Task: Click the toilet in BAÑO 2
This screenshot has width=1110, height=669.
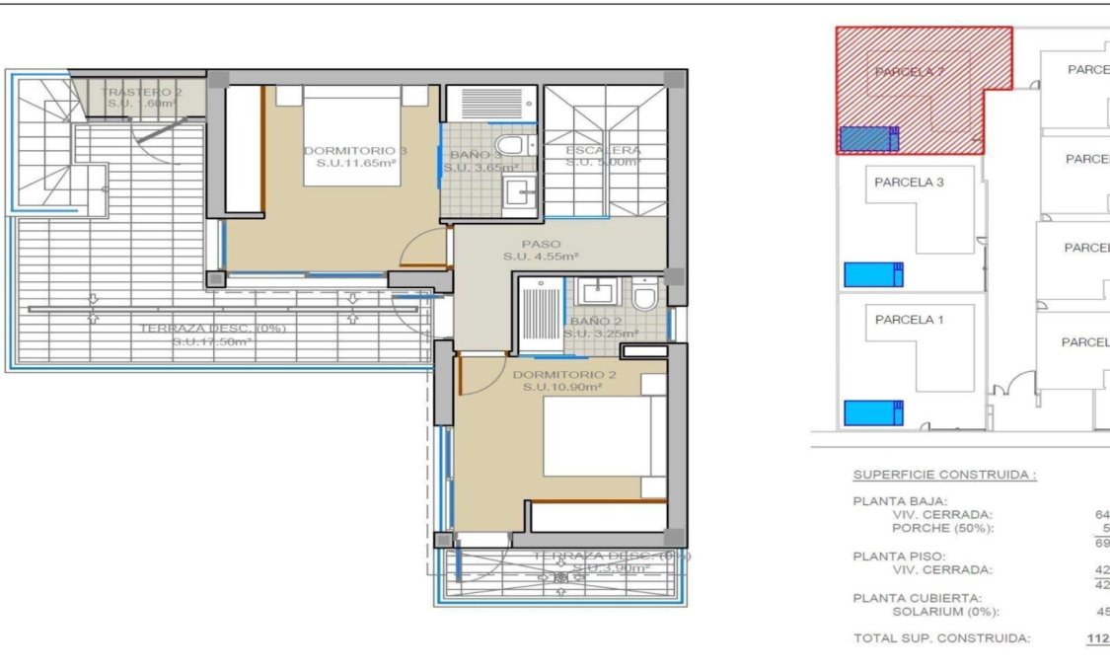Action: (x=645, y=296)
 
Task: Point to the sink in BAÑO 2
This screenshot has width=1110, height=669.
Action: (x=598, y=292)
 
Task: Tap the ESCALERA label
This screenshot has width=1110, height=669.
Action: (x=603, y=151)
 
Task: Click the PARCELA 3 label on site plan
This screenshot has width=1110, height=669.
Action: (x=909, y=183)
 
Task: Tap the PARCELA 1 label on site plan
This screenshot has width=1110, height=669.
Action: (x=909, y=320)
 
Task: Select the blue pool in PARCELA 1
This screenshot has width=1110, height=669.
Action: (x=873, y=411)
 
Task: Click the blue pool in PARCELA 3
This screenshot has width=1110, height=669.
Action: (x=873, y=274)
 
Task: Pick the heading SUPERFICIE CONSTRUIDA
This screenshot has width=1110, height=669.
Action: (x=944, y=475)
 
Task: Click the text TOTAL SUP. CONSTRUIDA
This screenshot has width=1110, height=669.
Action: (x=941, y=638)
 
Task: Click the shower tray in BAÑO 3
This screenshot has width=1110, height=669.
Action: (x=490, y=103)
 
